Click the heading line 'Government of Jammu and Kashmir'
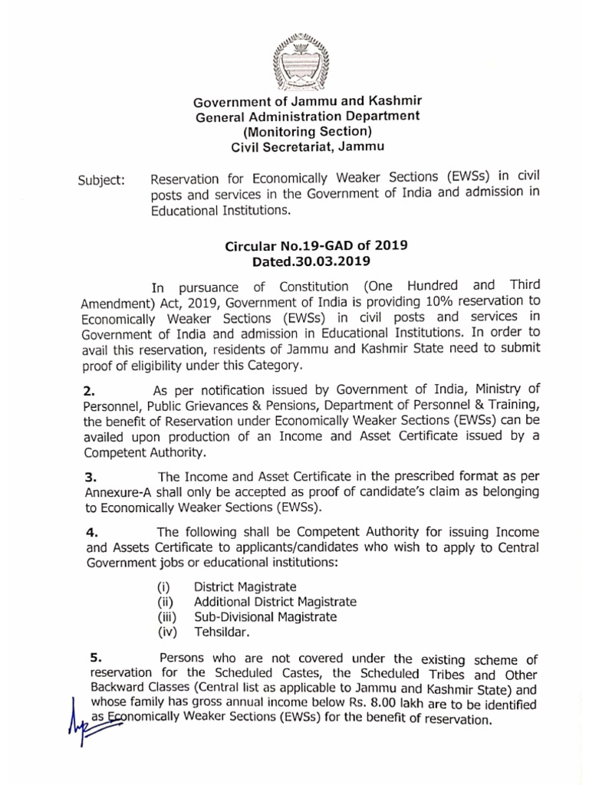[307, 101]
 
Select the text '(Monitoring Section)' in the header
[307, 131]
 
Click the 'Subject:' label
[101, 182]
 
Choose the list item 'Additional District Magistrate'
[275, 602]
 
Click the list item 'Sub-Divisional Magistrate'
[265, 617]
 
